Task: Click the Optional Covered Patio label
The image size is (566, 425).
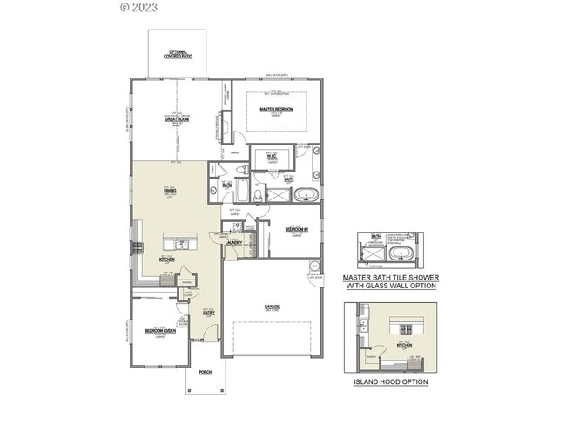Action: [178, 54]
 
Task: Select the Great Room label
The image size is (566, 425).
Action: [178, 118]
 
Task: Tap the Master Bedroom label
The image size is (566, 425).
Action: [277, 110]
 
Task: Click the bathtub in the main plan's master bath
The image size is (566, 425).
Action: [307, 194]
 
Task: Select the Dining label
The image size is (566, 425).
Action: [170, 190]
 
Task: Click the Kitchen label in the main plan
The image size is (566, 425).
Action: [167, 259]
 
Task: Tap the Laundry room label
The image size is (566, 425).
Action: [233, 243]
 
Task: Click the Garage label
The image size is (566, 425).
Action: [272, 307]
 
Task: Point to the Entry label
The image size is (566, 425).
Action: [209, 313]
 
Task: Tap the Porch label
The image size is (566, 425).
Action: [206, 372]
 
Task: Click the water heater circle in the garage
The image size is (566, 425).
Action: [314, 266]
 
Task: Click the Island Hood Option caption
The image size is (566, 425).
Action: [390, 381]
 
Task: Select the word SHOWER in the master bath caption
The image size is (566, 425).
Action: [421, 278]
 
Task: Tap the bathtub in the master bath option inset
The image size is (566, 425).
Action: [401, 254]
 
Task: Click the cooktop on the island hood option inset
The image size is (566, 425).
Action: [406, 328]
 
